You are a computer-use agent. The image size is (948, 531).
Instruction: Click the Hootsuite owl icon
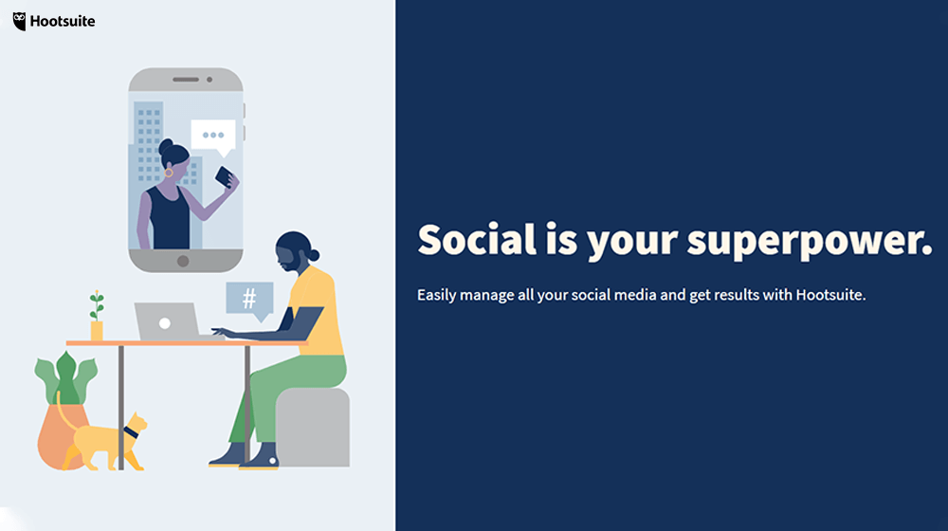[x=19, y=21]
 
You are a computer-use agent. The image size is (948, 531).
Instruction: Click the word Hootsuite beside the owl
[x=63, y=21]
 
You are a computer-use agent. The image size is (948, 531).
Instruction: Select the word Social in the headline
[x=477, y=239]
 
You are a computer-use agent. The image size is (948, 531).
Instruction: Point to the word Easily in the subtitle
[x=436, y=295]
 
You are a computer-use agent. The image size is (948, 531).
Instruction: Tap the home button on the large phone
[x=183, y=262]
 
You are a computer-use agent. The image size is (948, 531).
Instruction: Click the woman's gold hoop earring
[x=169, y=173]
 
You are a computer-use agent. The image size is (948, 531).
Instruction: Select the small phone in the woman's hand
[x=224, y=176]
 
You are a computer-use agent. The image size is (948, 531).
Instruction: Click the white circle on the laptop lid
[x=164, y=323]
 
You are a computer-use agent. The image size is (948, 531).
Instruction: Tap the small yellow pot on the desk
[x=97, y=331]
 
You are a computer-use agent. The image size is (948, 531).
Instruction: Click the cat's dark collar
[x=131, y=432]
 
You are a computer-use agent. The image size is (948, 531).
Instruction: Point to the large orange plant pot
[x=63, y=435]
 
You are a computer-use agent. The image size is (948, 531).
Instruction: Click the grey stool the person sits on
[x=313, y=428]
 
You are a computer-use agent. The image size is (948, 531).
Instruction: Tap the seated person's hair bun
[x=314, y=255]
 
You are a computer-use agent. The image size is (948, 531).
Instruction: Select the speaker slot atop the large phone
[x=186, y=80]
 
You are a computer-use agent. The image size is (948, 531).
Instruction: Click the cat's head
[x=137, y=425]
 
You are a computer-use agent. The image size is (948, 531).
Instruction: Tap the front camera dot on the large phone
[x=210, y=80]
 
